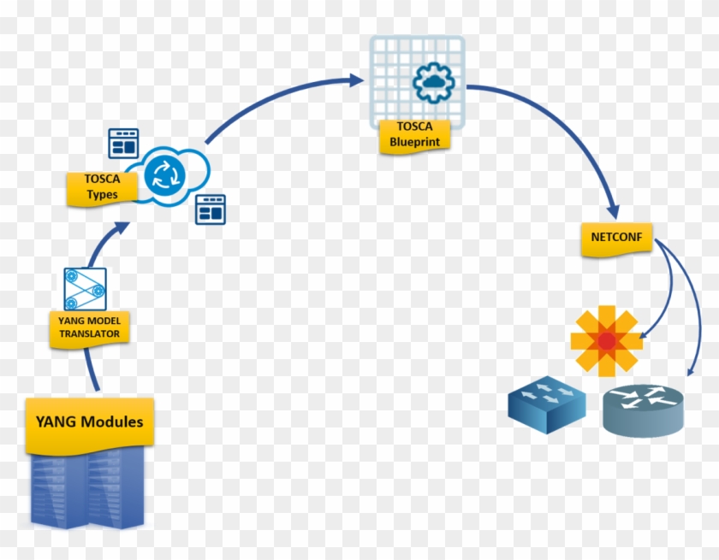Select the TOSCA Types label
tap(102, 188)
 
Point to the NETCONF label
tap(615, 239)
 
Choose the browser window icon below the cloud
tap(210, 209)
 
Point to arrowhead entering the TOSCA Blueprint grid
tap(356, 80)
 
